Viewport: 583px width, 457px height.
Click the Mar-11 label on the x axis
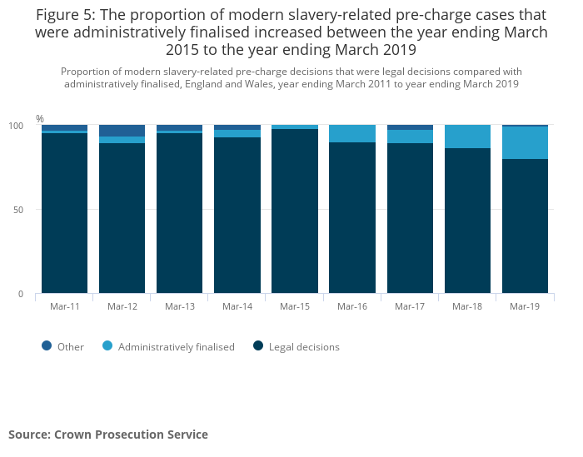click(x=64, y=306)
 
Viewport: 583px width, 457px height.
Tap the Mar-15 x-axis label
click(x=295, y=306)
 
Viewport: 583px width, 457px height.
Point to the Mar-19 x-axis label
click(x=525, y=306)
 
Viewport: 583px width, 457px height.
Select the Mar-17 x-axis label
click(x=410, y=306)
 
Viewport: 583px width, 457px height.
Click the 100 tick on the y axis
click(x=16, y=126)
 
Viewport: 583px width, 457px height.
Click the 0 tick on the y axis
click(x=22, y=294)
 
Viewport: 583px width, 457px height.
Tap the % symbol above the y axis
click(x=39, y=119)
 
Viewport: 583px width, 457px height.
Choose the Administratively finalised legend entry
click(x=176, y=347)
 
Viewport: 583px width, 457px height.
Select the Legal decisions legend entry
click(x=303, y=347)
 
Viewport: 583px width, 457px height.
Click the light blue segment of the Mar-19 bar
click(x=525, y=142)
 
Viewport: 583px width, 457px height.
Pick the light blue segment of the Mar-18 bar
click(x=467, y=137)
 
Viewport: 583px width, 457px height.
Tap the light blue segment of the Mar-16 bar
click(x=352, y=134)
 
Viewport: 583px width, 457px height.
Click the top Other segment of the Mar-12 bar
click(x=122, y=131)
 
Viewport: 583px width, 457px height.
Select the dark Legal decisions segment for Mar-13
click(x=179, y=213)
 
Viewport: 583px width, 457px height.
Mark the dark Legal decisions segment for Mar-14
click(x=237, y=215)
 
